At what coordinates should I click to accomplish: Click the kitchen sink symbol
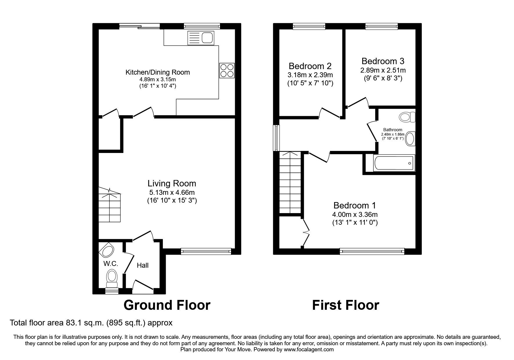pyautogui.click(x=201, y=38)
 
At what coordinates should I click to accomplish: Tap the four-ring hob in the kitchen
pyautogui.click(x=227, y=70)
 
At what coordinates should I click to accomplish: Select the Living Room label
pyautogui.click(x=172, y=183)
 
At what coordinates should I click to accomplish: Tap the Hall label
pyautogui.click(x=143, y=265)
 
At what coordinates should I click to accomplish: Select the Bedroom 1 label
pyautogui.click(x=354, y=206)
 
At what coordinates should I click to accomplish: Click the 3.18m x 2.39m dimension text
pyautogui.click(x=310, y=75)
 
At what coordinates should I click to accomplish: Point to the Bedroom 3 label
pyautogui.click(x=383, y=61)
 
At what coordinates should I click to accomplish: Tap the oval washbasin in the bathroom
pyautogui.click(x=410, y=139)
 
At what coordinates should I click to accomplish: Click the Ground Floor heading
pyautogui.click(x=167, y=305)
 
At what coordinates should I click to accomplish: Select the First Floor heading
pyautogui.click(x=345, y=305)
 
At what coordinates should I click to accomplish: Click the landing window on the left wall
pyautogui.click(x=276, y=138)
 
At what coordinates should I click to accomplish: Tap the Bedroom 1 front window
pyautogui.click(x=372, y=251)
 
